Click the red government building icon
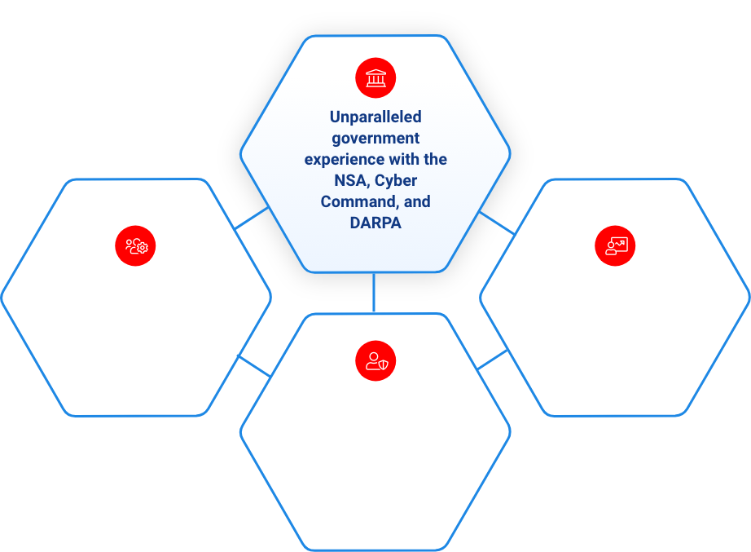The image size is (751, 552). click(375, 79)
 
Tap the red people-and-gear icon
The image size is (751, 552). click(136, 245)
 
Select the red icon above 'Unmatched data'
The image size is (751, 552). click(615, 245)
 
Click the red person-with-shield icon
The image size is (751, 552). click(375, 360)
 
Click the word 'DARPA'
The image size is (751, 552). click(375, 223)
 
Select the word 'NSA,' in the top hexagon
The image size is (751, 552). click(342, 180)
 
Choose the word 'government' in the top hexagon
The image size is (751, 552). click(375, 139)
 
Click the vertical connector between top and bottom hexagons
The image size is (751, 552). click(374, 293)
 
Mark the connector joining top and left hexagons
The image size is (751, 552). click(252, 218)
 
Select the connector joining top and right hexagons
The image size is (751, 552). click(497, 223)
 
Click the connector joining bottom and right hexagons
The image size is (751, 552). click(493, 359)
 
